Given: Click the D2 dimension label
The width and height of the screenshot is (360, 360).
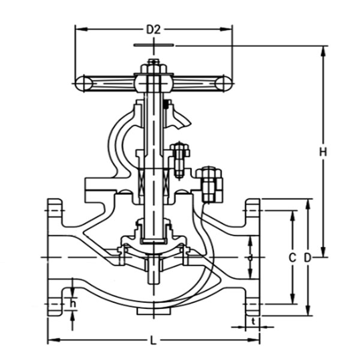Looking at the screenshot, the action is pyautogui.click(x=154, y=29).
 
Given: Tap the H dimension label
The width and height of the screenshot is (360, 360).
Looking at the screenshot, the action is pyautogui.click(x=323, y=152).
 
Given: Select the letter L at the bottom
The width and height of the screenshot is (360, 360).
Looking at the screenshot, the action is pyautogui.click(x=154, y=340).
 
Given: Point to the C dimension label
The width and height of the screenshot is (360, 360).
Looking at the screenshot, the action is pyautogui.click(x=292, y=257).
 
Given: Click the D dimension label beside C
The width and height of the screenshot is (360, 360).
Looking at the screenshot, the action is pyautogui.click(x=308, y=257).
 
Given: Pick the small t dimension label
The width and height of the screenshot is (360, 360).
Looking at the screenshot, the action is pyautogui.click(x=253, y=322).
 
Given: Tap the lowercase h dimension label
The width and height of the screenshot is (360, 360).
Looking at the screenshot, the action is pyautogui.click(x=73, y=304).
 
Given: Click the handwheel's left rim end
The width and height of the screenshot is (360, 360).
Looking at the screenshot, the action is pyautogui.click(x=83, y=83).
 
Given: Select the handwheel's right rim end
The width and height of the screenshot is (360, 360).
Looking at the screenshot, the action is pyautogui.click(x=224, y=83).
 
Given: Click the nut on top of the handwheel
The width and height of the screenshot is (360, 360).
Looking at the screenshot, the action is pyautogui.click(x=154, y=67).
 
